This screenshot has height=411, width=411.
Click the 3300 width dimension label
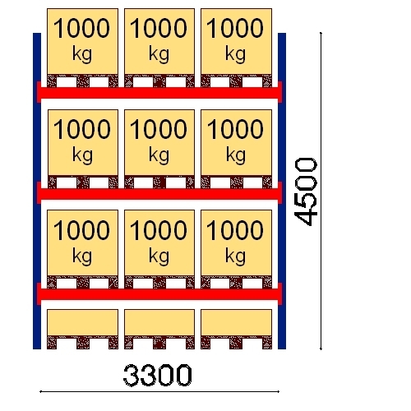click(157, 375)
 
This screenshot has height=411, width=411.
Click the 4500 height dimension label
click(306, 192)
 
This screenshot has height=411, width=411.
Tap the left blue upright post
click(37, 191)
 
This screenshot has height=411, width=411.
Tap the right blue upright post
click(282, 191)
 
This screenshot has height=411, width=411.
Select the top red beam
click(159, 93)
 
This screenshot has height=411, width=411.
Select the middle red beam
click(159, 193)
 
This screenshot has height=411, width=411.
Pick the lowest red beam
click(159, 294)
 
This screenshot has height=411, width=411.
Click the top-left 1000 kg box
click(82, 41)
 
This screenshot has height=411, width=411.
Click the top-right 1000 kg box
click(236, 41)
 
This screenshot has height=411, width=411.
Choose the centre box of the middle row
click(159, 142)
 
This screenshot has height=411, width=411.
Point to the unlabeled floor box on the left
click(82, 322)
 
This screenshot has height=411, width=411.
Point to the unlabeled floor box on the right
click(236, 322)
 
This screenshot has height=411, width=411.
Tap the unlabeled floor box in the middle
click(159, 322)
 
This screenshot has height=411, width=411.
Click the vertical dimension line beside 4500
click(321, 191)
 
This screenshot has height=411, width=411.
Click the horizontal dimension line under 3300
click(159, 391)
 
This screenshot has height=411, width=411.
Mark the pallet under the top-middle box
click(159, 81)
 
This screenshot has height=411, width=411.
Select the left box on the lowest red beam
click(82, 243)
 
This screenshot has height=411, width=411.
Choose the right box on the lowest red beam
click(236, 243)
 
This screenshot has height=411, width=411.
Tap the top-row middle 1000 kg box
click(159, 41)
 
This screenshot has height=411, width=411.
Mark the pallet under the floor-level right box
click(236, 343)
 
